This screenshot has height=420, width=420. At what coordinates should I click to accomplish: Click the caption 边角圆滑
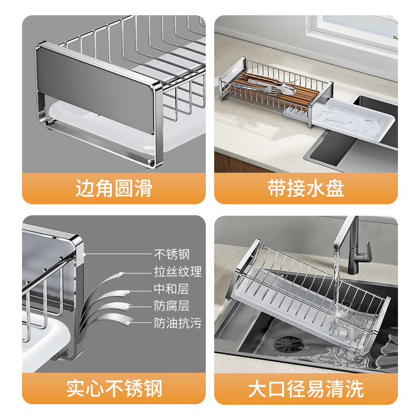click(114, 188)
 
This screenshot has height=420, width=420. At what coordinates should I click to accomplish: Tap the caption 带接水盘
click(306, 188)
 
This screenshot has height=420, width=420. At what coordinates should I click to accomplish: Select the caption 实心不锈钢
click(114, 388)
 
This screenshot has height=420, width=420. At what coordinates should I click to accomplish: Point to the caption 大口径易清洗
click(306, 388)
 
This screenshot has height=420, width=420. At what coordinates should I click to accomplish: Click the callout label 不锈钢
click(172, 254)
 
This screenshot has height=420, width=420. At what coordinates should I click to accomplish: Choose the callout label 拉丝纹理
click(177, 271)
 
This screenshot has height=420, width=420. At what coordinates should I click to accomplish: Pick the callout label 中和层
click(172, 289)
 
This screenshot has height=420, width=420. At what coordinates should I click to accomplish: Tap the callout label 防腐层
click(172, 306)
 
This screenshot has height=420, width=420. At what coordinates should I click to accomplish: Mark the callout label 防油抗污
click(177, 323)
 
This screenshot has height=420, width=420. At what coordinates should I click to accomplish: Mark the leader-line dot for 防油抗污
click(128, 323)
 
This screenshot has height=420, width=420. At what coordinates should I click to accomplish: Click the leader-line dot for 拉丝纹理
click(121, 274)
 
